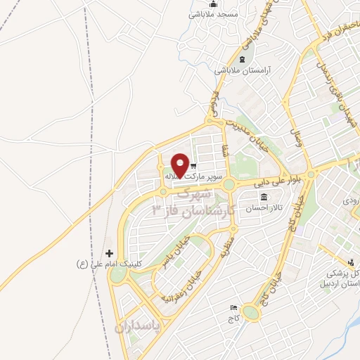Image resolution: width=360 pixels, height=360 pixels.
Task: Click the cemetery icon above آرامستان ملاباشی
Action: click(x=243, y=59)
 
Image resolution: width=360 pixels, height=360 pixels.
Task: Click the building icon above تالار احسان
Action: click(x=264, y=197)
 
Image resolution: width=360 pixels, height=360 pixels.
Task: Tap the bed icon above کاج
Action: click(x=233, y=308)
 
